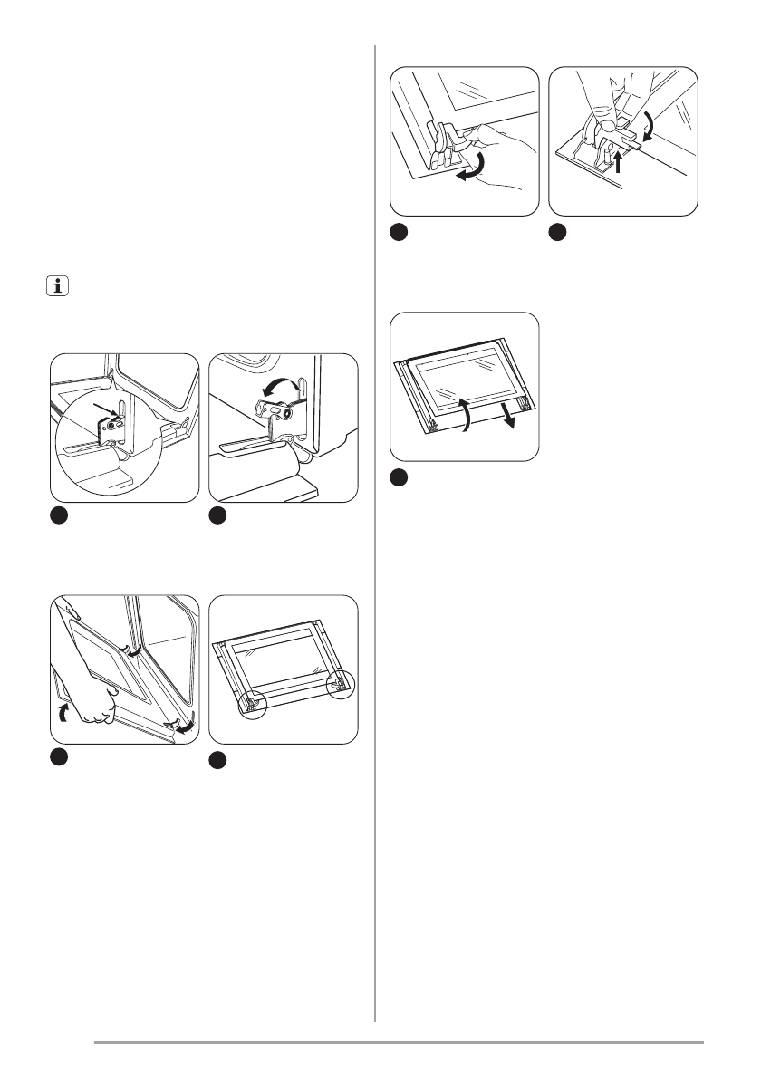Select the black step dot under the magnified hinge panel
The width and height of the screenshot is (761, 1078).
coord(57,515)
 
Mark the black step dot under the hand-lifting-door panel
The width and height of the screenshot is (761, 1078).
coord(57,756)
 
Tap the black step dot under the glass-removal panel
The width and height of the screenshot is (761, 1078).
coord(400,476)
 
